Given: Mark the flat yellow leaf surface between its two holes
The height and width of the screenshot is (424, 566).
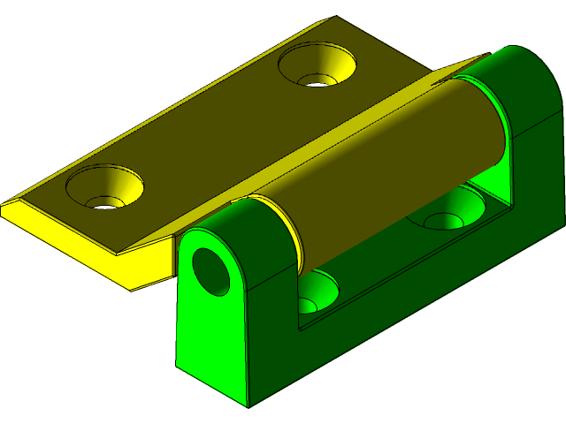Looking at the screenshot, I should coord(212,132).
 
